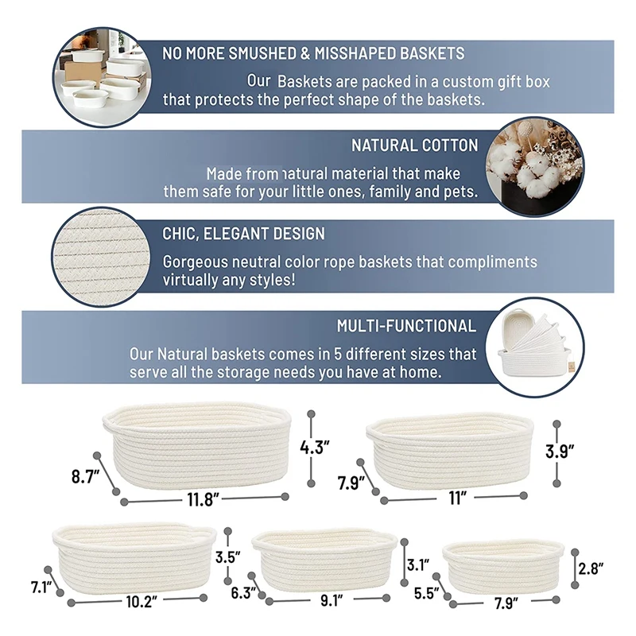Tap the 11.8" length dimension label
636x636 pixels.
pos(203,499)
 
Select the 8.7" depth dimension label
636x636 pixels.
pos(84,477)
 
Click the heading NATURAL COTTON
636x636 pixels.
pos(414,145)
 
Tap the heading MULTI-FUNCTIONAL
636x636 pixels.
pos(406,326)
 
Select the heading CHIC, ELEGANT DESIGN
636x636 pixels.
pos(243,234)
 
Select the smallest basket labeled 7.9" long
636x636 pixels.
pos(505,566)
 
